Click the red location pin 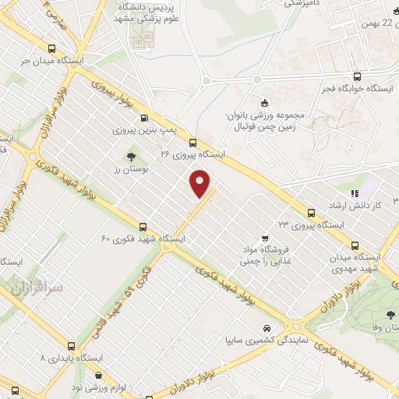click(x=201, y=184)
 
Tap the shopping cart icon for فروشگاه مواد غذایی click(x=266, y=238)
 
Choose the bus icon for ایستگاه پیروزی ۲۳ click(x=311, y=212)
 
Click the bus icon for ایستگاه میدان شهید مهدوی click(x=355, y=244)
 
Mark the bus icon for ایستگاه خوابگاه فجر click(x=357, y=76)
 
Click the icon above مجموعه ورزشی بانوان click(x=263, y=103)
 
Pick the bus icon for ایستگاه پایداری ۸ click(x=71, y=345)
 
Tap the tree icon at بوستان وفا click(x=390, y=315)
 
